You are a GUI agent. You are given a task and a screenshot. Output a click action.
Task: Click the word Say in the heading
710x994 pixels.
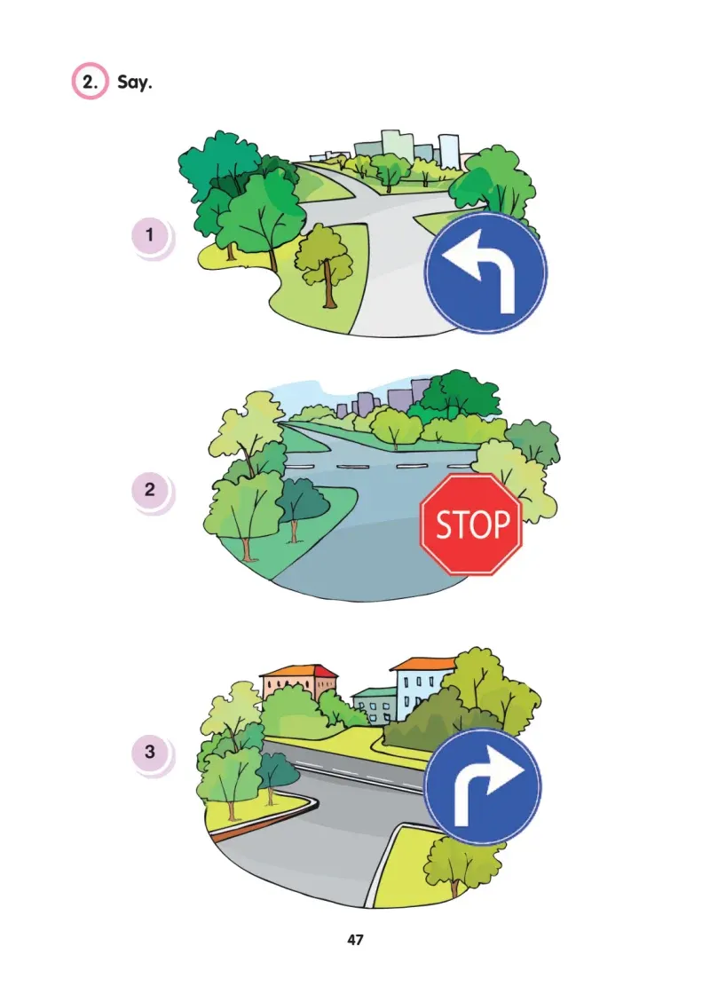click(134, 83)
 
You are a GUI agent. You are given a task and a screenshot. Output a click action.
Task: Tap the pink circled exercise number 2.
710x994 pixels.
click(90, 81)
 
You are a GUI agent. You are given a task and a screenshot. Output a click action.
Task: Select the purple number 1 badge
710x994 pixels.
click(150, 235)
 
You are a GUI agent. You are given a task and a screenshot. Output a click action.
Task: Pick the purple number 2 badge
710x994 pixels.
click(150, 490)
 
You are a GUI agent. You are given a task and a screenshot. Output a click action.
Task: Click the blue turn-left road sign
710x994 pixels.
click(485, 272)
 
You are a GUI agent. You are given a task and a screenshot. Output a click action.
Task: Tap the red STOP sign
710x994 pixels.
click(471, 525)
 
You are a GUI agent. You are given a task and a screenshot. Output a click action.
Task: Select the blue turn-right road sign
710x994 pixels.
click(483, 786)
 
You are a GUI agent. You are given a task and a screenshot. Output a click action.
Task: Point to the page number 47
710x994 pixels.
click(355, 940)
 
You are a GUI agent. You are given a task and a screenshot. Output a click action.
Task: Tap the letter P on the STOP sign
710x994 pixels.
click(501, 525)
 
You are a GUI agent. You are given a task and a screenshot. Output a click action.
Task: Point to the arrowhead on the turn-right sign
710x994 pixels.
click(505, 771)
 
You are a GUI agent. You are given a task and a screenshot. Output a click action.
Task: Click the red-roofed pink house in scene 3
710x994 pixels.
click(298, 683)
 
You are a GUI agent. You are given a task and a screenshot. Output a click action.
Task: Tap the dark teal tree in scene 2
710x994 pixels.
click(300, 504)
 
